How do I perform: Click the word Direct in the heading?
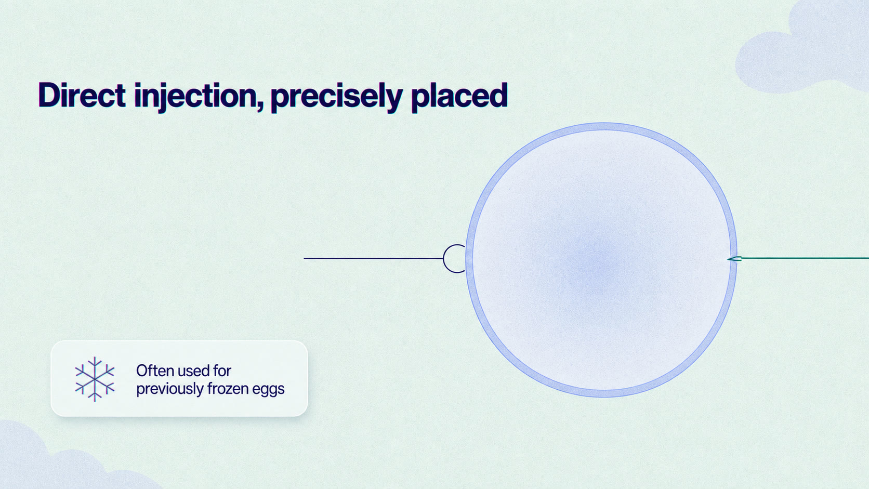(x=82, y=95)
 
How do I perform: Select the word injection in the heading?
(x=195, y=97)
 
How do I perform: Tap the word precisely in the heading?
(x=336, y=97)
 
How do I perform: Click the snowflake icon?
(x=95, y=379)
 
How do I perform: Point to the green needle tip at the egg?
(x=728, y=259)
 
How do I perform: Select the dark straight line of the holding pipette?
(x=373, y=258)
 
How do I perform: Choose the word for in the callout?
(x=222, y=371)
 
